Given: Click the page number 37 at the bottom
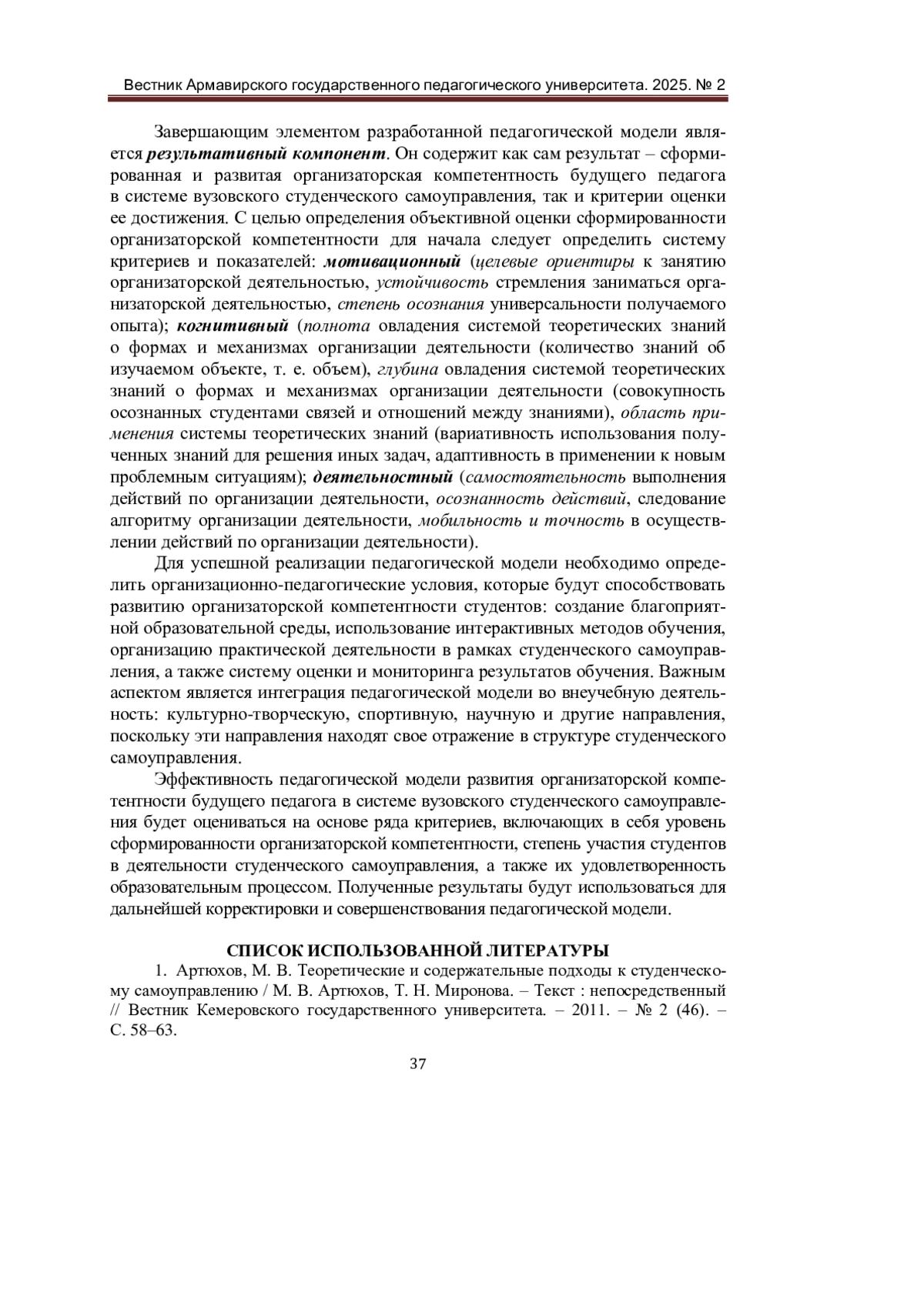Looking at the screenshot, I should (418, 1064).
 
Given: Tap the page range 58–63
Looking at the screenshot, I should (154, 1031).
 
